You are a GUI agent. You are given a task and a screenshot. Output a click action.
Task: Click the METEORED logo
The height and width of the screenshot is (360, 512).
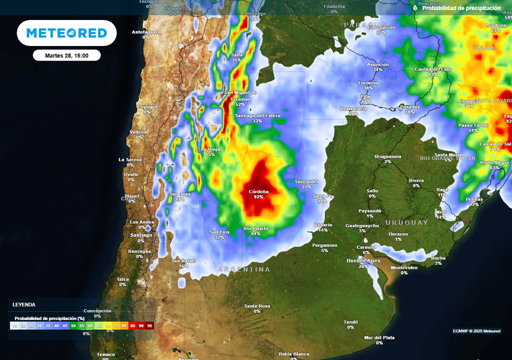point(66,33)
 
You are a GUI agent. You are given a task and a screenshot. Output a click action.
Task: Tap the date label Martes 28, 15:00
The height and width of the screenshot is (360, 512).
point(66,55)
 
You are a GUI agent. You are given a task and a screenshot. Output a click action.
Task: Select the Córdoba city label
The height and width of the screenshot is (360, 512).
point(258,191)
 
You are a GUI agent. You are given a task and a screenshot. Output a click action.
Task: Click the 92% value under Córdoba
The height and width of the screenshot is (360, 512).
point(258,197)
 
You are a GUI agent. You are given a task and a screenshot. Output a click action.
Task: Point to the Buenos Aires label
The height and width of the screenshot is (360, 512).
point(363,261)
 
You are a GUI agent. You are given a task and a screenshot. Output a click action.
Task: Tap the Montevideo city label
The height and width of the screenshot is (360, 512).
point(404,267)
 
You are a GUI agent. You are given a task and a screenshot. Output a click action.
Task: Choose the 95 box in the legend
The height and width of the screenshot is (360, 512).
point(150,325)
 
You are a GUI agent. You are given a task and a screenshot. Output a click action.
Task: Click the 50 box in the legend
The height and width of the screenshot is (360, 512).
point(74,325)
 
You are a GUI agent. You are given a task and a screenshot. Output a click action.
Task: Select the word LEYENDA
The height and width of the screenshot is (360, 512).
point(24,304)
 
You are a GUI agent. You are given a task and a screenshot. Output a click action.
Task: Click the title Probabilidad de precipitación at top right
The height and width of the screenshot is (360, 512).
point(461,8)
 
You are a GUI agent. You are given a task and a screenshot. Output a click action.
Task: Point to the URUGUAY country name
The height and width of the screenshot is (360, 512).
point(406,222)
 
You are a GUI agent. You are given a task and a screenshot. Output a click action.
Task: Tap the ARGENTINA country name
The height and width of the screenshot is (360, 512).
point(244,269)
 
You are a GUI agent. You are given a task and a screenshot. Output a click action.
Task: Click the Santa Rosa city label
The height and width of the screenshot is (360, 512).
point(257,306)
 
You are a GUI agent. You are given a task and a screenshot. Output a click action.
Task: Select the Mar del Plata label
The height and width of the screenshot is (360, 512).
point(379,337)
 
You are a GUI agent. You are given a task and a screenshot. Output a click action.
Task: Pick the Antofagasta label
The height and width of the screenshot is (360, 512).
point(145,32)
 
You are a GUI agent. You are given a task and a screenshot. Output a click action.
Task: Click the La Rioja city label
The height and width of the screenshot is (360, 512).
point(210,149)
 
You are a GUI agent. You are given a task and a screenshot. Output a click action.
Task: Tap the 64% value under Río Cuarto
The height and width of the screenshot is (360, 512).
point(256,233)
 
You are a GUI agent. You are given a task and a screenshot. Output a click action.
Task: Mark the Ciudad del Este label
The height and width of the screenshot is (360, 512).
point(433,69)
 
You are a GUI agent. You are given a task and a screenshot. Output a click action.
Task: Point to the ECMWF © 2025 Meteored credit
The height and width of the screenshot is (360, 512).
point(476,331)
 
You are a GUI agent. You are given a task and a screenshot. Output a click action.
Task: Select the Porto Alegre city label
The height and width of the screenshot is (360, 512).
point(494,162)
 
